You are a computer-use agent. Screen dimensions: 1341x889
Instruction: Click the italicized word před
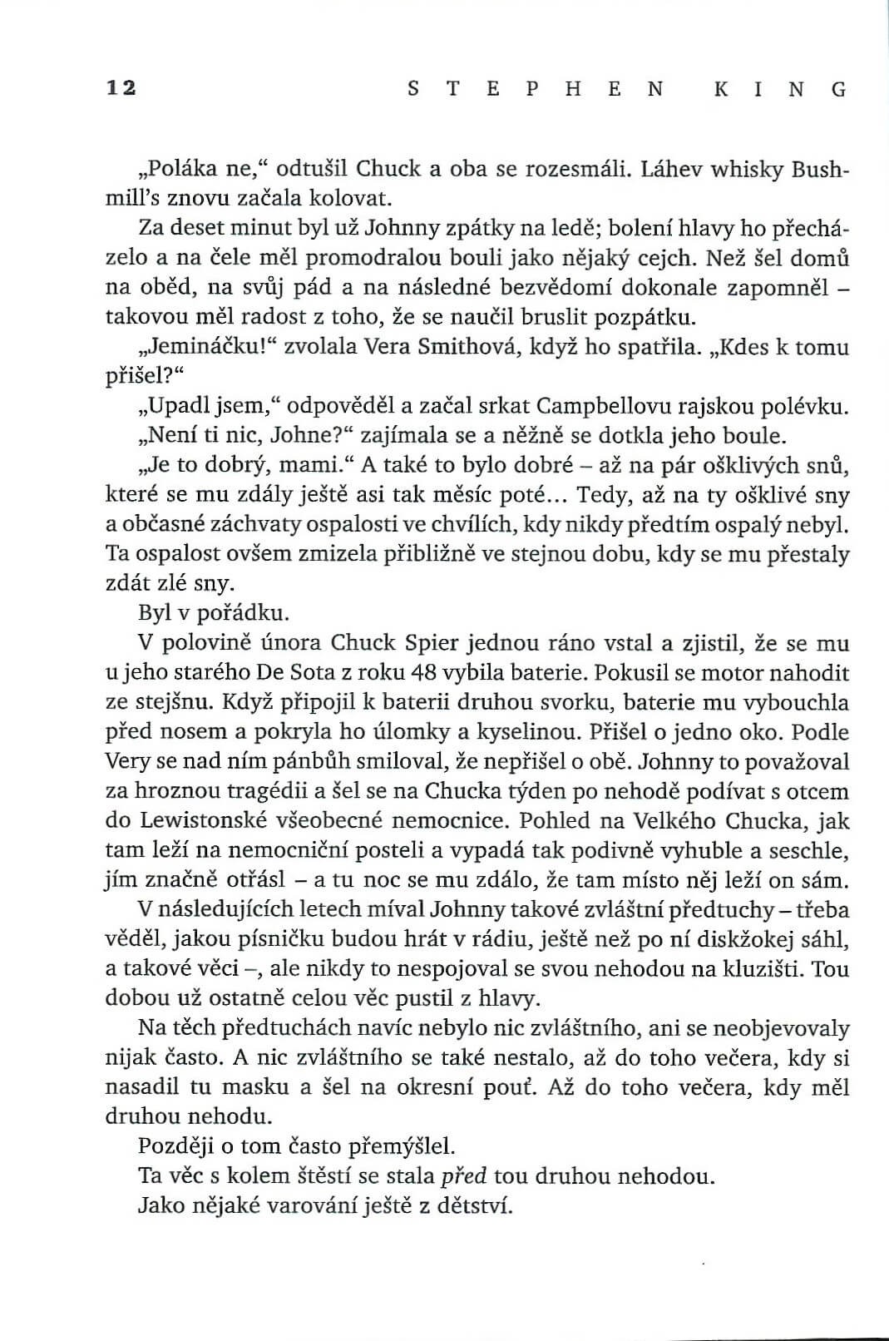462,1176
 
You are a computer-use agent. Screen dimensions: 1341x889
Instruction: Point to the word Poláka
181,169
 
